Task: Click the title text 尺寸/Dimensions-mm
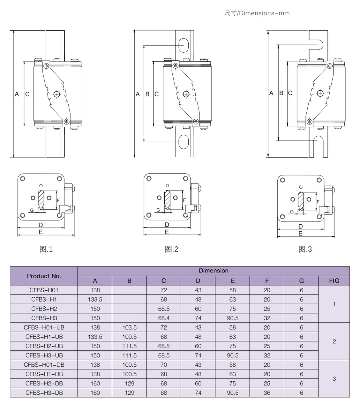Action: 257,13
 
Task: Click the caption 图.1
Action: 46,249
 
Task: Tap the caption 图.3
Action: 305,249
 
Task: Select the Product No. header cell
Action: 44,276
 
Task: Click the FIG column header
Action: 334,281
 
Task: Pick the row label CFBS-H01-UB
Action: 44,327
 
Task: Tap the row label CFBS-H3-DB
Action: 44,393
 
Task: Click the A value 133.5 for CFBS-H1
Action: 95,299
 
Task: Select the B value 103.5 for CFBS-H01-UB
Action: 129,327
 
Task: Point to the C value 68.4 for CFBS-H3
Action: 164,318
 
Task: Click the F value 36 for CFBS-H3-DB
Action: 267,393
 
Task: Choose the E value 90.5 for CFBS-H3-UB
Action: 232,355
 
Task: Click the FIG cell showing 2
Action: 334,341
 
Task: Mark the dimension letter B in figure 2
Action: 147,94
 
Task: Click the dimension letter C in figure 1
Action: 27,94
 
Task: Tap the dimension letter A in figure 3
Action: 271,93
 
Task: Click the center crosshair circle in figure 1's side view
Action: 57,94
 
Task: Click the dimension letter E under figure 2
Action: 167,232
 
